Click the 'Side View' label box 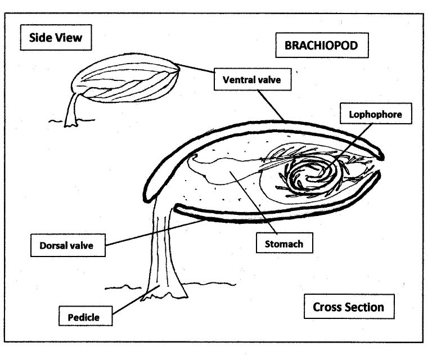[55, 38]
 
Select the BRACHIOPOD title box [322, 46]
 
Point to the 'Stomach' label [284, 244]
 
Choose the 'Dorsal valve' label [68, 245]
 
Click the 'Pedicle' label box [84, 317]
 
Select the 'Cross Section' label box [349, 307]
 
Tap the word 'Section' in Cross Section [365, 307]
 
